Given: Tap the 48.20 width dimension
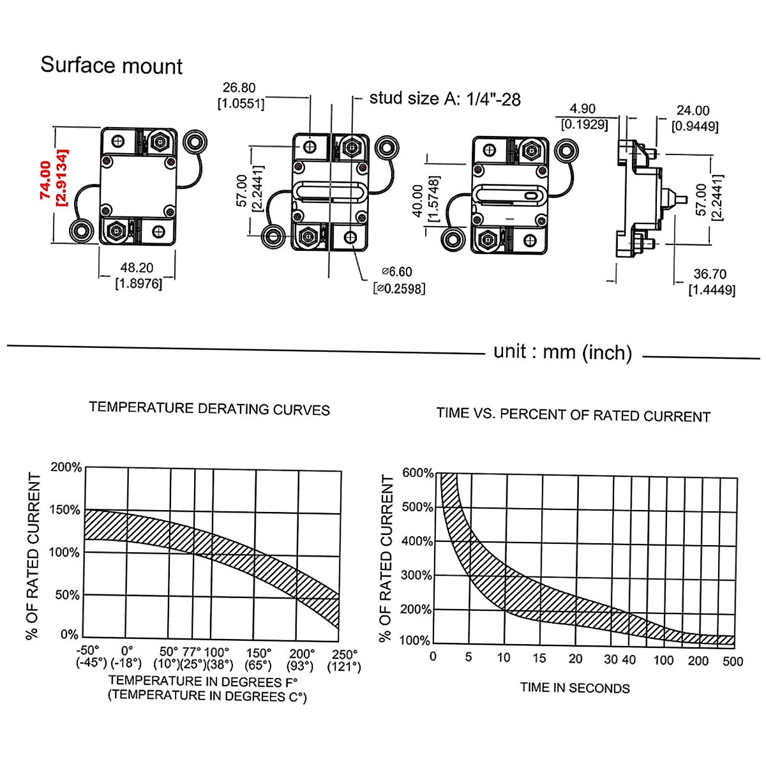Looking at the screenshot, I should [137, 268].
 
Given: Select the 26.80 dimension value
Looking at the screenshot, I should [239, 88].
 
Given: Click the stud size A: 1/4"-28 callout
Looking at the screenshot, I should [445, 99].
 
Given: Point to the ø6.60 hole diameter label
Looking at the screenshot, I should [398, 272].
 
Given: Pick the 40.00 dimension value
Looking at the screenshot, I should [418, 200].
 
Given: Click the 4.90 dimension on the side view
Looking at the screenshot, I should [582, 109].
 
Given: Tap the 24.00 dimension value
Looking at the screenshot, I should [693, 111].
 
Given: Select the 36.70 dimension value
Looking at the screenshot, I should [710, 274].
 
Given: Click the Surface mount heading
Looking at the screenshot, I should [112, 66].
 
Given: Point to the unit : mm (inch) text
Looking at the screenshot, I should [562, 352].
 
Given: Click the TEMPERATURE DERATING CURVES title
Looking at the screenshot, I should [209, 409].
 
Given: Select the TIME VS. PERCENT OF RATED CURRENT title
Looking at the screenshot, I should [573, 415].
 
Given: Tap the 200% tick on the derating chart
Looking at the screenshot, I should [66, 467].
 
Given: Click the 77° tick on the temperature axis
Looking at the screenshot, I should [191, 652].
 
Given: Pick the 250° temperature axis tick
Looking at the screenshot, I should [345, 654].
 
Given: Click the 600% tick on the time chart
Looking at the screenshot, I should [417, 473].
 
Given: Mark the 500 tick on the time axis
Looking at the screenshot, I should [733, 661].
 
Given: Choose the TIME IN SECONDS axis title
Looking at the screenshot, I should [574, 688].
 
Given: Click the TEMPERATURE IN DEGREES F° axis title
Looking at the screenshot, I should [203, 682].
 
